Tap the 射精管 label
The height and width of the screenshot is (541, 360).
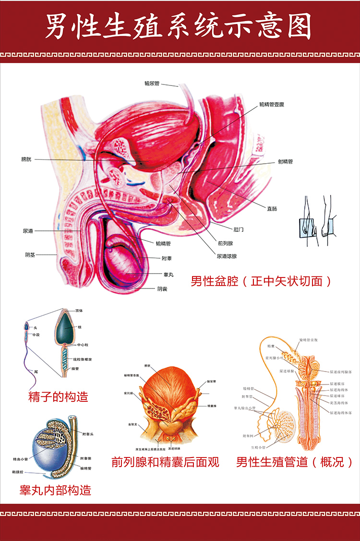(x=285, y=162)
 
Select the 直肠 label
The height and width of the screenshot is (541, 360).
(x=272, y=208)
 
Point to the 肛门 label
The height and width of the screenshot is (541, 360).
(x=238, y=229)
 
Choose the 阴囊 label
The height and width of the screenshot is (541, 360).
(x=163, y=289)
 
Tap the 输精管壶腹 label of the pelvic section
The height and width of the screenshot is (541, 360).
(x=272, y=104)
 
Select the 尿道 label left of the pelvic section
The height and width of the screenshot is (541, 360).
(x=28, y=231)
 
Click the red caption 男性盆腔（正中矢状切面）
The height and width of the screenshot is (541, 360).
(x=261, y=281)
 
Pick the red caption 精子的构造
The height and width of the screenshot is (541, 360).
(x=59, y=397)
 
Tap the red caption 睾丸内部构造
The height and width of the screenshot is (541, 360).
(x=55, y=490)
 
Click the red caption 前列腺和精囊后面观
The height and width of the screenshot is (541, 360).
(x=165, y=462)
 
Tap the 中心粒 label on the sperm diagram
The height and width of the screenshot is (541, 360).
(x=83, y=345)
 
